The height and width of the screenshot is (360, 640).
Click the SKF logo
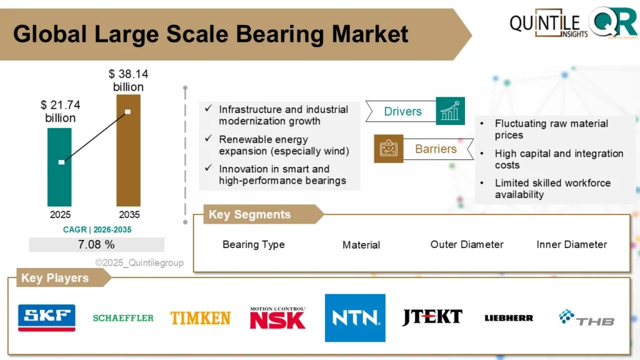point(47,317)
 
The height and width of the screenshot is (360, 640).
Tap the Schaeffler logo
point(123,318)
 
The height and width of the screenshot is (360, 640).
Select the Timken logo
point(200,317)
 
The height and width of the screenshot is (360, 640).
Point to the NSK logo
point(277,318)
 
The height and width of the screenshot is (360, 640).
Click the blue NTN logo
point(355,318)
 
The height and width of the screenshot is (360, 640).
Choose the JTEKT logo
point(432,317)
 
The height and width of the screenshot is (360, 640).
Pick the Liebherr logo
point(509,318)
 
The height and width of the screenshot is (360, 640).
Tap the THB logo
point(586,318)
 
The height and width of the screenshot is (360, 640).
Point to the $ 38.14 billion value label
point(128,81)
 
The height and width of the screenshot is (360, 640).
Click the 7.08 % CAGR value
point(96,244)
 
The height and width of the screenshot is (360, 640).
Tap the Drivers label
point(402,112)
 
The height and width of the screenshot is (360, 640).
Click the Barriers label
point(436,149)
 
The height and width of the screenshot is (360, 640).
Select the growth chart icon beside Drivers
point(451,111)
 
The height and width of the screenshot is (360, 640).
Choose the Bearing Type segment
point(253,244)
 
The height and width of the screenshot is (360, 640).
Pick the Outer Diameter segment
point(467,244)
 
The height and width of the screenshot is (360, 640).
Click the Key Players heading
point(55,278)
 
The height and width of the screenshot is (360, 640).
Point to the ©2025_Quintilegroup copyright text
point(139,263)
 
